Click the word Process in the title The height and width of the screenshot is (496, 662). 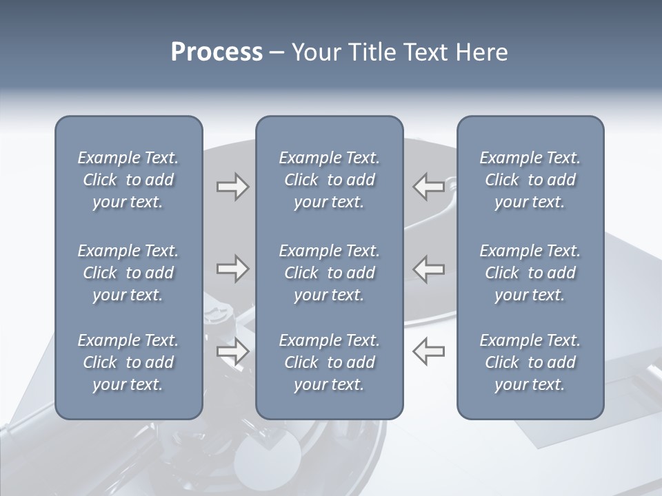tap(217, 52)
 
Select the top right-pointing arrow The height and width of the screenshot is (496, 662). tap(232, 187)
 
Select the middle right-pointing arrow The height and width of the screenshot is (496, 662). tap(232, 269)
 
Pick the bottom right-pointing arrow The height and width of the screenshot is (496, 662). tap(232, 351)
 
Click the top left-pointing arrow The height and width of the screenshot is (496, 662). tap(428, 187)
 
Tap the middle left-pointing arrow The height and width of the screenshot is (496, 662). tap(428, 269)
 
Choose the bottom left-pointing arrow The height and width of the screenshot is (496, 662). tap(428, 351)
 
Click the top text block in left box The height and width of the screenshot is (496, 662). tap(128, 180)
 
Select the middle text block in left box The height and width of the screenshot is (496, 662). tap(128, 273)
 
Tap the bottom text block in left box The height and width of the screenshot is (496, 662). tap(128, 362)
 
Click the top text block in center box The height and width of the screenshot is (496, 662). tap(329, 180)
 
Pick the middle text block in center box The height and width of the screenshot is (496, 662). tap(329, 273)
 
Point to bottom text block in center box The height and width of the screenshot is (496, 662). tap(329, 362)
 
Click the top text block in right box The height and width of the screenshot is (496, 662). tap(530, 180)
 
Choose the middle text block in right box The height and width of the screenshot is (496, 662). tap(530, 273)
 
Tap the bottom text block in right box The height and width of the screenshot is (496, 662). tap(530, 362)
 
